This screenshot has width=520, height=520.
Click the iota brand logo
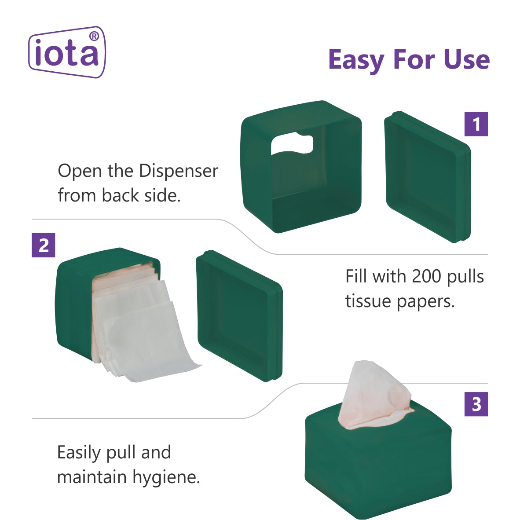pyautogui.click(x=67, y=52)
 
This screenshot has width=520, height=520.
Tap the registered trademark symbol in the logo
pyautogui.click(x=94, y=36)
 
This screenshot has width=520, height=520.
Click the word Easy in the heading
pyautogui.click(x=356, y=60)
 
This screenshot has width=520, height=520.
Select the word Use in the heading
pyautogui.click(x=466, y=60)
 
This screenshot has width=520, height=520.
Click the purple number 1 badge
pyautogui.click(x=476, y=124)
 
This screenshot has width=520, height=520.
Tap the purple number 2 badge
pyautogui.click(x=44, y=245)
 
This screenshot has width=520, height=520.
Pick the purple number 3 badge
pyautogui.click(x=476, y=404)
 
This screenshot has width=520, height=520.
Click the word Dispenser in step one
pyautogui.click(x=179, y=172)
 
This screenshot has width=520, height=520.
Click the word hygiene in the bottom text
pyautogui.click(x=166, y=478)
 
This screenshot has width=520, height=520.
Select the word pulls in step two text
pyautogui.click(x=465, y=277)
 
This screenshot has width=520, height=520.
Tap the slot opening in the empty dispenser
pyautogui.click(x=292, y=144)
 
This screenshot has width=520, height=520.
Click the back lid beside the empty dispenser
pyautogui.click(x=428, y=177)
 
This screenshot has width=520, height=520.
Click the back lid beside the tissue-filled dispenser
pyautogui.click(x=239, y=316)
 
